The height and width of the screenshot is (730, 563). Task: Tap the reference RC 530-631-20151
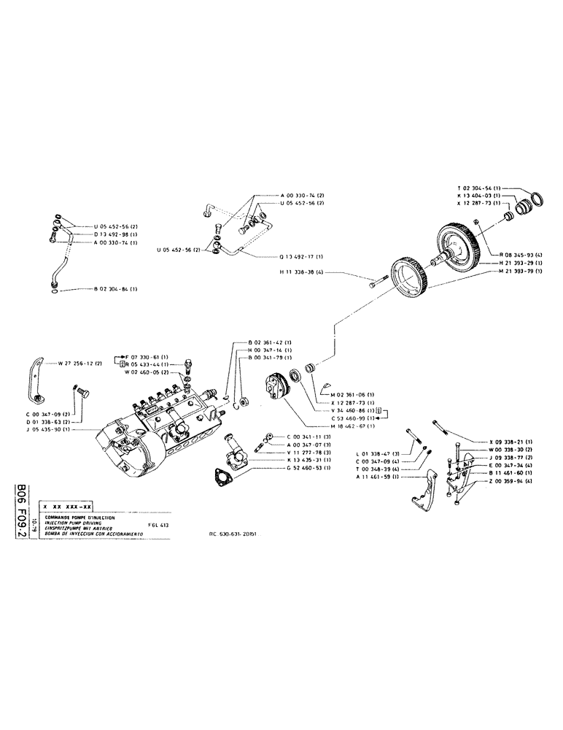tap(237, 533)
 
